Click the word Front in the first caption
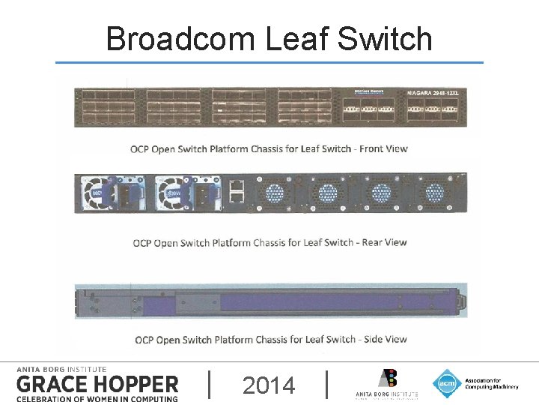[x=372, y=148]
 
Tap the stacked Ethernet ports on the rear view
[x=236, y=192]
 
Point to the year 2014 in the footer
[x=269, y=385]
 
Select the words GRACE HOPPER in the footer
[x=97, y=384]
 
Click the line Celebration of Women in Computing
[x=97, y=398]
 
